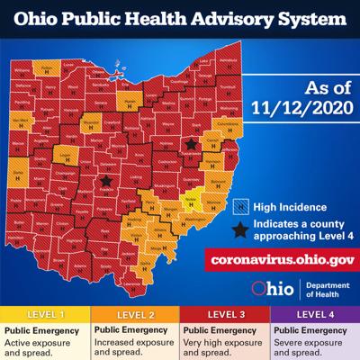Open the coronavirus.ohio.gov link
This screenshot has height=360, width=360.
coord(280,259)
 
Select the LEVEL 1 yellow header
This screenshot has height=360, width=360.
coord(44,316)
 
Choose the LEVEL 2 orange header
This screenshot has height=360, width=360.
coord(134,316)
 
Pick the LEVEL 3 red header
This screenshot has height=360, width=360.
coord(225,316)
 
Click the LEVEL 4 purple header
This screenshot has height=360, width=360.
coord(315,316)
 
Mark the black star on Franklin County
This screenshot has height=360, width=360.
coord(107,181)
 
